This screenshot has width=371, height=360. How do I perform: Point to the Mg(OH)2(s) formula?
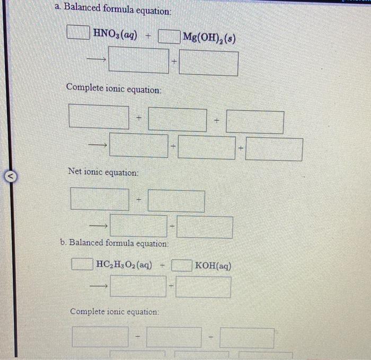209,38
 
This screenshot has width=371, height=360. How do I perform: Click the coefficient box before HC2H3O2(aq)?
82,263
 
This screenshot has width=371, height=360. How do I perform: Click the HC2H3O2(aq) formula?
122,264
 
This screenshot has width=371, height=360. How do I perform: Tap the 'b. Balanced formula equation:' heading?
114,243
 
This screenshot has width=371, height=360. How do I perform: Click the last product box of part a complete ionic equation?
274,149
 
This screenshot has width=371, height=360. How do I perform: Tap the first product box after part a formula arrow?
139,61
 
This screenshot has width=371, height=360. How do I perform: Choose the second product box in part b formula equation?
204,287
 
